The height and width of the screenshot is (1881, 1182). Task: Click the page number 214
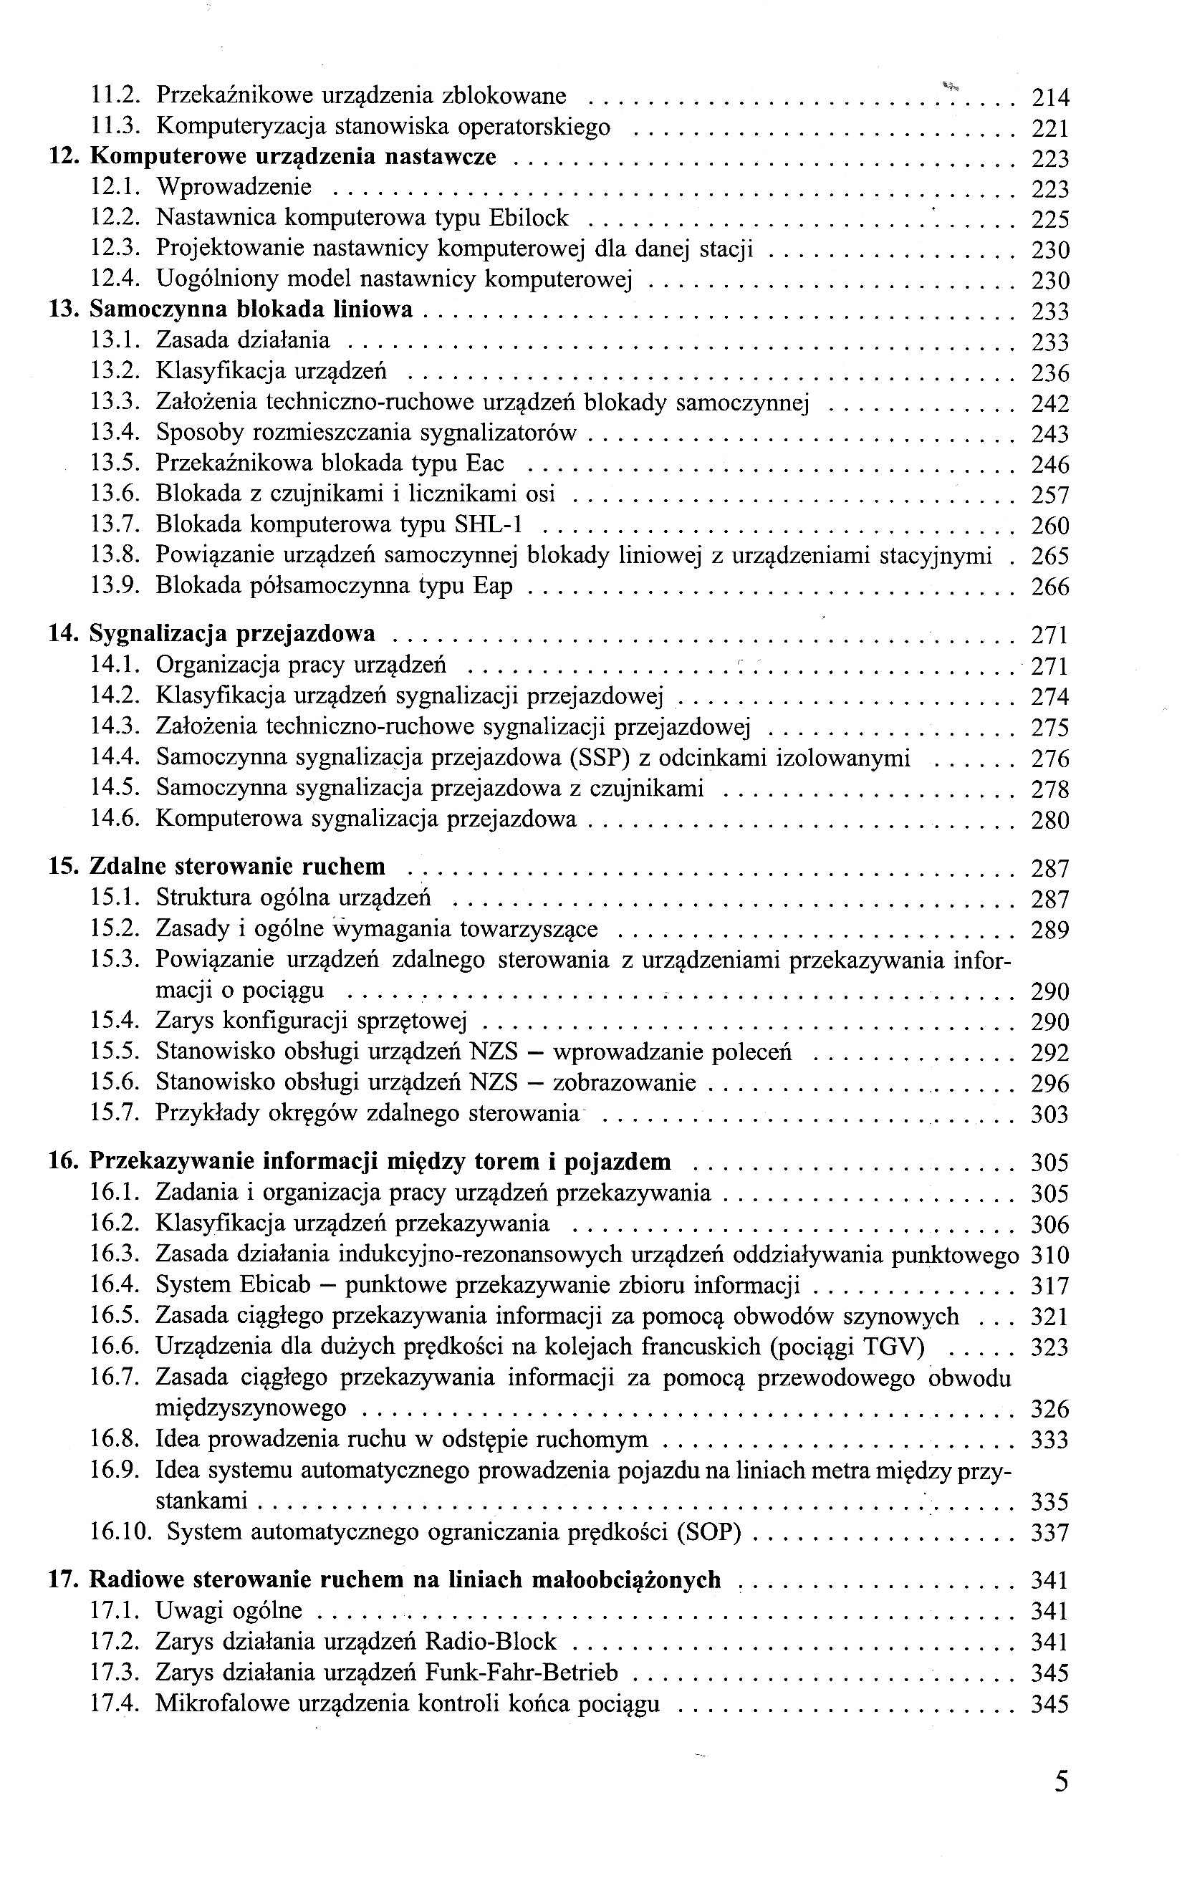[x=1049, y=97]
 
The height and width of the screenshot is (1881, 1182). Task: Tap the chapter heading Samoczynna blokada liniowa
[x=251, y=310]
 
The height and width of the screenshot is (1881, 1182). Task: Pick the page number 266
[x=1049, y=587]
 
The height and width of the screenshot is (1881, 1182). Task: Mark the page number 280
[x=1049, y=820]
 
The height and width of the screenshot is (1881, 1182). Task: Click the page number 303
[x=1049, y=1114]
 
